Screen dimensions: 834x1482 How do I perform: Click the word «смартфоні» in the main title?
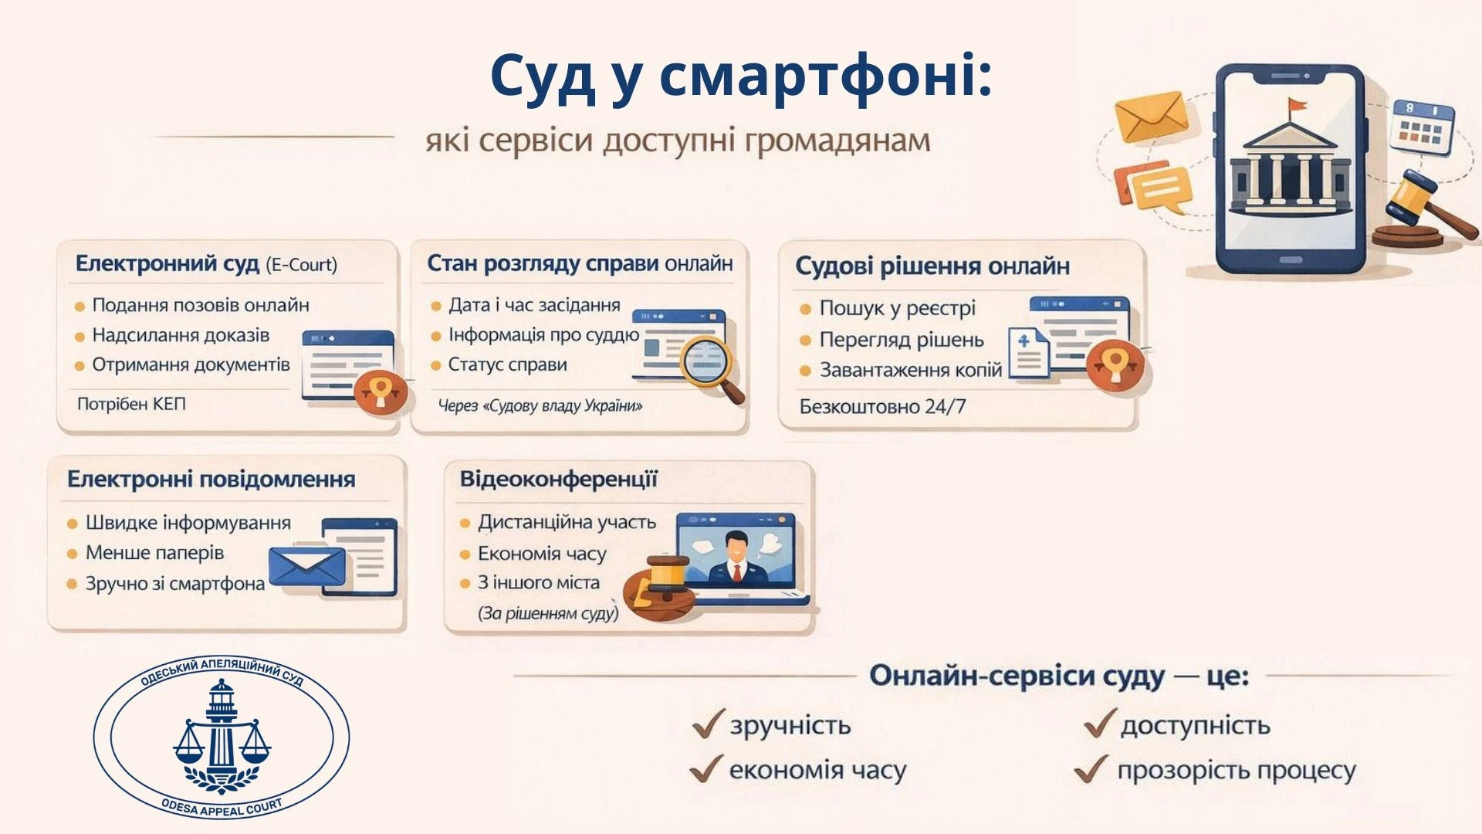(x=826, y=76)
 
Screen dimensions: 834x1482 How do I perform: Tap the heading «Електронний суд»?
(x=167, y=264)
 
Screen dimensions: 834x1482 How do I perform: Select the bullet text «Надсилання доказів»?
(x=181, y=335)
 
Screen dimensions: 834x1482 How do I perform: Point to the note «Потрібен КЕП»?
(x=131, y=404)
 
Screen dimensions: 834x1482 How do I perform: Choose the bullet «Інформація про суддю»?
(x=543, y=335)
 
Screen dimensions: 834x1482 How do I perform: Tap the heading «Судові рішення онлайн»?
(x=932, y=266)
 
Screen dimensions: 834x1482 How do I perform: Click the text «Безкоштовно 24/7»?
(x=882, y=406)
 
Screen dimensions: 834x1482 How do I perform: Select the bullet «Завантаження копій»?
(x=911, y=371)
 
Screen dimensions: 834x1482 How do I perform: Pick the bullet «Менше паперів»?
(x=154, y=553)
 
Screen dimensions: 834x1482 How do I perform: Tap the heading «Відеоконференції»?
(x=558, y=480)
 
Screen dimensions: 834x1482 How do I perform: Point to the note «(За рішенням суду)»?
(x=548, y=613)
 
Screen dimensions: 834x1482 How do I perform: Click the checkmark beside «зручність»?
(x=708, y=724)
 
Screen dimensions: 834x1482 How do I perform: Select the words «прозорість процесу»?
(x=1237, y=771)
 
